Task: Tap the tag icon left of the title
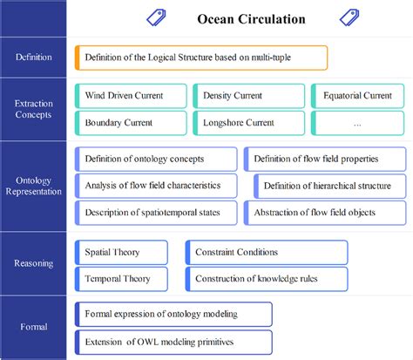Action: (x=157, y=17)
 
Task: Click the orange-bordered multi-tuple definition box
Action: (x=201, y=58)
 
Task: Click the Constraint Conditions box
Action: (x=267, y=252)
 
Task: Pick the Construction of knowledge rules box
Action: (x=267, y=279)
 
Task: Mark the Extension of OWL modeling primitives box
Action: (x=174, y=340)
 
